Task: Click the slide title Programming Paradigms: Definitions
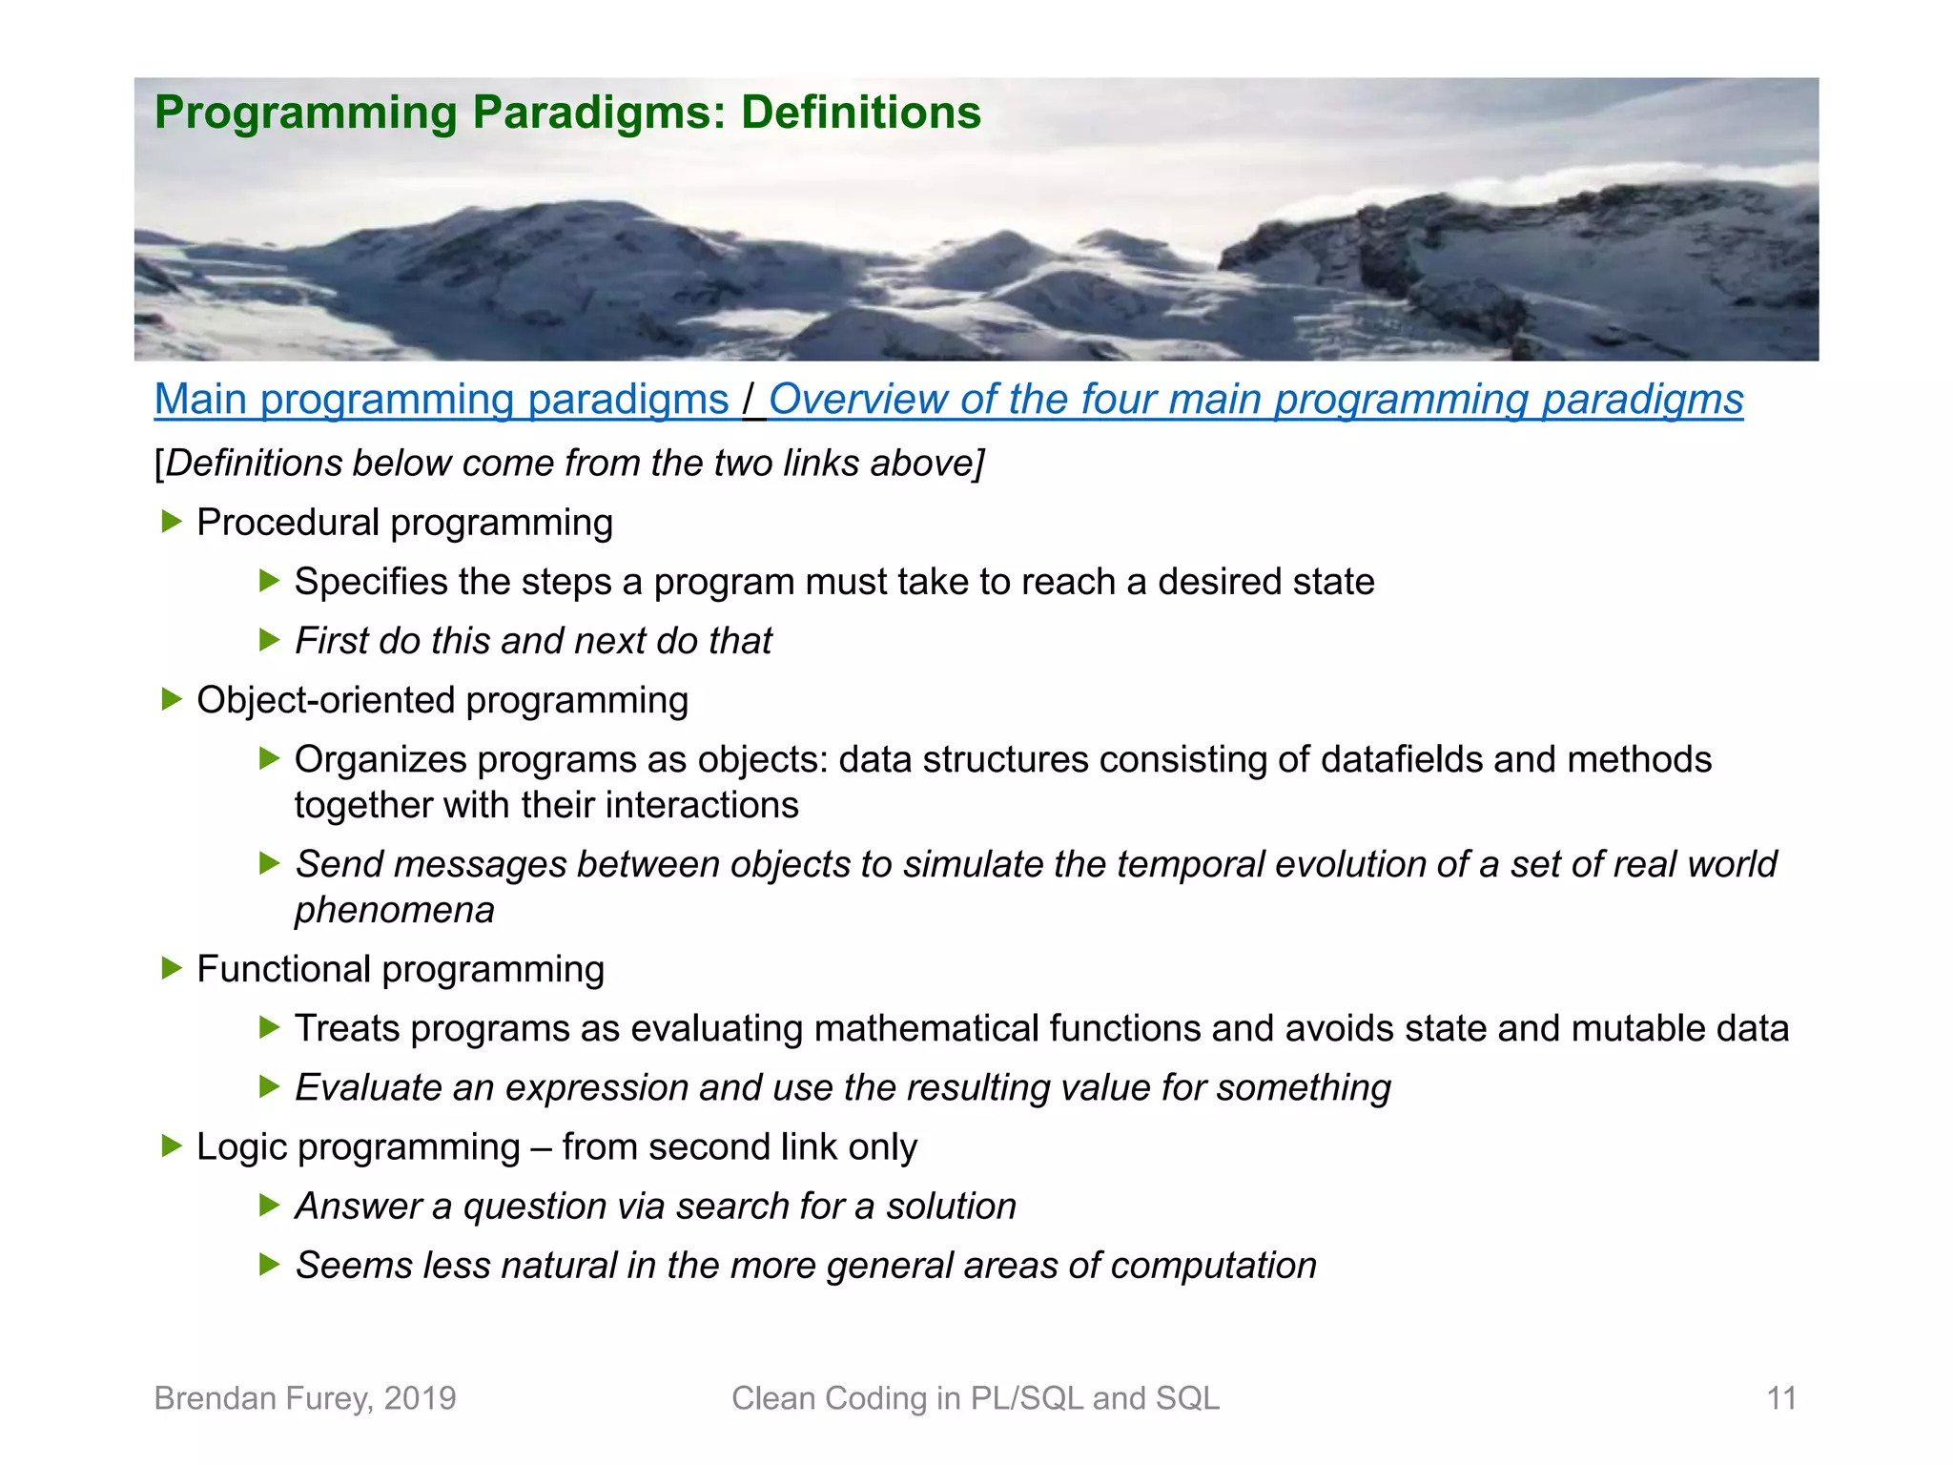pos(567,113)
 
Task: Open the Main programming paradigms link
pos(441,400)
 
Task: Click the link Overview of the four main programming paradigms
pos(1255,400)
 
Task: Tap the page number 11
pos(1780,1398)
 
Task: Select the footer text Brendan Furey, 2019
pos(305,1398)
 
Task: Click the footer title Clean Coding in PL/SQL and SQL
pos(975,1398)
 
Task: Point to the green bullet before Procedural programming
pos(172,522)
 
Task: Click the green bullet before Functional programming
pos(172,969)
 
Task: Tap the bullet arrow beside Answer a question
pos(269,1206)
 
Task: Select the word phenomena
pos(394,910)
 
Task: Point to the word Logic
pos(241,1147)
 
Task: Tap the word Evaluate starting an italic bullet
pos(367,1088)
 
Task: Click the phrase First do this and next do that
pos(533,641)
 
